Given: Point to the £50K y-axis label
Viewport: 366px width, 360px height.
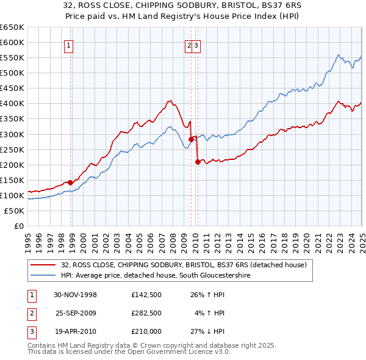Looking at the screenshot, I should point(15,211).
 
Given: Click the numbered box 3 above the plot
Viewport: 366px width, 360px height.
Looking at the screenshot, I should point(197,45).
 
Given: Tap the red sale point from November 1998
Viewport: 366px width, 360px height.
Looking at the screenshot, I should point(71,182).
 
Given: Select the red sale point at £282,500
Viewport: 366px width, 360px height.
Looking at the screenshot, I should point(191,139).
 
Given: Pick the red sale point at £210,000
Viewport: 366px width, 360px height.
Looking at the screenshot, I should point(198,162).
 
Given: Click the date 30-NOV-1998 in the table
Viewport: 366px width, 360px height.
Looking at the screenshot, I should point(76,295).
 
